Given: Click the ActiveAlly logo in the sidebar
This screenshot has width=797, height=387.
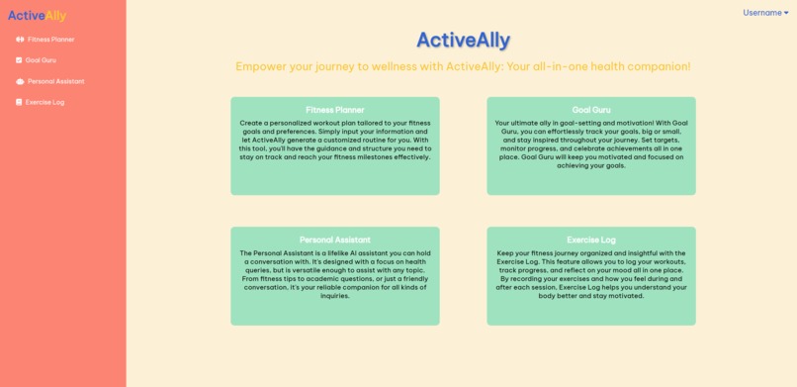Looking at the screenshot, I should coord(38,15).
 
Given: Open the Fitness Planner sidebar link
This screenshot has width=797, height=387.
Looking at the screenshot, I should coord(50,40).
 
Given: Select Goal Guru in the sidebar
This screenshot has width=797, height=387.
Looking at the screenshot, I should coord(41,60).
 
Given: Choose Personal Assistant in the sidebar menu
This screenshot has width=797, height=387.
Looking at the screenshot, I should coord(55,81).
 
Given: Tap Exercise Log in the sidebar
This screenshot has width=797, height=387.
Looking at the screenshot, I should coord(44,102).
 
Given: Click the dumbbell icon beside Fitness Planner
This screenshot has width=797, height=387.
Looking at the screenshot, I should coord(20,40).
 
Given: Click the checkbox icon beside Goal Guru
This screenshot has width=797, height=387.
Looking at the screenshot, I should coord(19,60).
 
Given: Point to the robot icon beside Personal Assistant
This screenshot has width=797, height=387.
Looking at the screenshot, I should coord(20,81).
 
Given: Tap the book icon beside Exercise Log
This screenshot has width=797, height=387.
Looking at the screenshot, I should coord(19,102).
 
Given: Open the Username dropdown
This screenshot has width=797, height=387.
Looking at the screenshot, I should coord(763,13).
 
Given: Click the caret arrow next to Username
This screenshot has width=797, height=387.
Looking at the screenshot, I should coord(786,13).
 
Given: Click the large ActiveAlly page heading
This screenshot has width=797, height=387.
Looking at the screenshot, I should coord(463,40).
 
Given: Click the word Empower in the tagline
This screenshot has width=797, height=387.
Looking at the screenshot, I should coord(261,66).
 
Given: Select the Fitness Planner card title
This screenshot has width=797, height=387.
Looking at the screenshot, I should coord(335,110).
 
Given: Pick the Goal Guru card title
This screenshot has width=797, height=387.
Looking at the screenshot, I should coord(591,110).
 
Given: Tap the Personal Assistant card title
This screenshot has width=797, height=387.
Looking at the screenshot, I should coord(335,240).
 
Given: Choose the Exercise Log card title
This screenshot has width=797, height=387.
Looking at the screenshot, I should coord(591,240).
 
